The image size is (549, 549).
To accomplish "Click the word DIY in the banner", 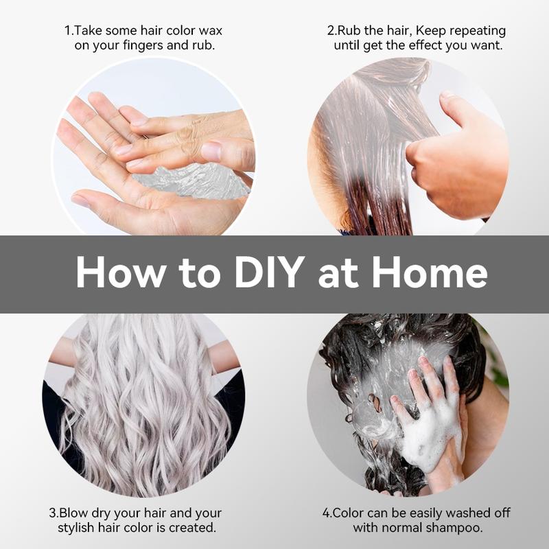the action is point(268,272).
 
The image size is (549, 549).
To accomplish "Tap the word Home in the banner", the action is point(429,272).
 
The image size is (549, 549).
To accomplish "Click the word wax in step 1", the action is point(210,31).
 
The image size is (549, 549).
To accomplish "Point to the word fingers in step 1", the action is point(141,46).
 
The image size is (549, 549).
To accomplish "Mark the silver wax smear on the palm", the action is point(191,182).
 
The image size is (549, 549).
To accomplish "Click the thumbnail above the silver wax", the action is point(211,152).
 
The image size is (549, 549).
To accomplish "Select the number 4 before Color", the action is point(327,513).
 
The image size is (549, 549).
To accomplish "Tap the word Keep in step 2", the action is point(430,32).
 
